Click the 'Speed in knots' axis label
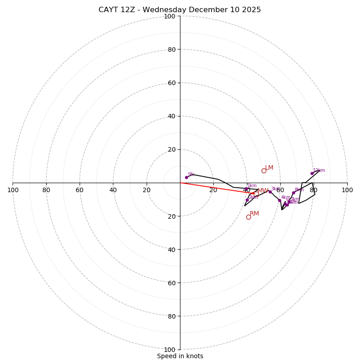(x=180, y=356)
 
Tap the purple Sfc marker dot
(x=186, y=177)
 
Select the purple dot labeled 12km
(x=312, y=173)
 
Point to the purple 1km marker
(x=246, y=189)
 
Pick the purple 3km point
(x=270, y=192)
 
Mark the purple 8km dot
(x=293, y=193)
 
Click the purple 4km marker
(x=279, y=200)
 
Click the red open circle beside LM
(x=264, y=171)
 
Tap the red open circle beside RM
(x=248, y=217)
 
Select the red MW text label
(x=263, y=191)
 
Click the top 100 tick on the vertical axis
(x=170, y=17)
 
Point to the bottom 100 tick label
(x=170, y=350)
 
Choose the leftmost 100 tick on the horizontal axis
(x=13, y=190)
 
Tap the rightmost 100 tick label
(x=347, y=190)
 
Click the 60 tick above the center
(x=171, y=83)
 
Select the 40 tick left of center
(x=113, y=190)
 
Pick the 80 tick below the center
(x=171, y=316)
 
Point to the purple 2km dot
(x=247, y=200)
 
